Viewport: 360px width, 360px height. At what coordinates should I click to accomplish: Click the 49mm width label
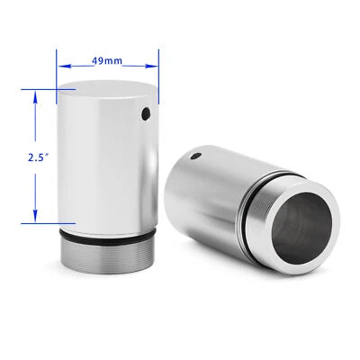point(108,60)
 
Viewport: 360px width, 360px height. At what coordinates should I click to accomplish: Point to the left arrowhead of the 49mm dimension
point(61,65)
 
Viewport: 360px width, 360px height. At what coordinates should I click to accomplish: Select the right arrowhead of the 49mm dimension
point(155,65)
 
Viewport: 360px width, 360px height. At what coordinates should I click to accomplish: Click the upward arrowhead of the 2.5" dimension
point(35,94)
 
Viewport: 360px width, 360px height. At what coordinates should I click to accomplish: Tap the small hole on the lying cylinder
point(197,156)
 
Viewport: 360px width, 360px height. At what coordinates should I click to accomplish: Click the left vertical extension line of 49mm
point(58,76)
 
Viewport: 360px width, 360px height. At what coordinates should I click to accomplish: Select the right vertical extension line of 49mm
point(159,76)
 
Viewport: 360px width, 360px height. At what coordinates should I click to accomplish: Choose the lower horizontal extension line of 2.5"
point(45,220)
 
